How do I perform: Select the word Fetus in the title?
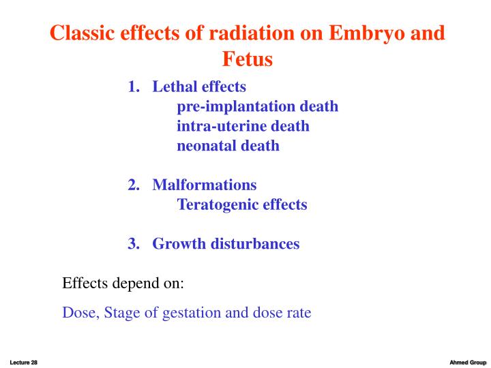(x=246, y=60)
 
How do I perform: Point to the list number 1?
(x=132, y=87)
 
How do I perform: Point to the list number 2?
(x=132, y=185)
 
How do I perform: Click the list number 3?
(x=132, y=243)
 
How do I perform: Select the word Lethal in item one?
(x=174, y=87)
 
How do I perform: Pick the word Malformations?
(x=205, y=185)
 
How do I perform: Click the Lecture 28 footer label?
(x=23, y=361)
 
